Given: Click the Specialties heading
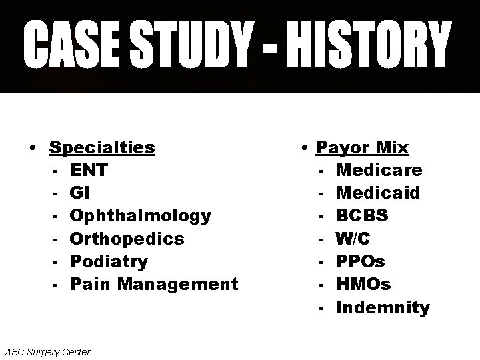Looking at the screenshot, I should (102, 147).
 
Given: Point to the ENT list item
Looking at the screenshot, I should (88, 170).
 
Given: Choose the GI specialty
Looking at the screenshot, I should (78, 193).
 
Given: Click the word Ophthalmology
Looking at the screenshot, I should (140, 216).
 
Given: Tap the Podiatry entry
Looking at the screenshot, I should (109, 261).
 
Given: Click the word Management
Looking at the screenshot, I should (177, 284).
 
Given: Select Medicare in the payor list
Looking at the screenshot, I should (379, 170).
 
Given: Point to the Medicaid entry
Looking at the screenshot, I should (378, 193).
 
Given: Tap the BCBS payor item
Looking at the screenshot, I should (363, 216).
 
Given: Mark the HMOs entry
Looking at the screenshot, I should (363, 284).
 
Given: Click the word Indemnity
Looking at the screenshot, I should (383, 307).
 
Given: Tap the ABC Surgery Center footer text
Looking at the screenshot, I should (47, 351).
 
